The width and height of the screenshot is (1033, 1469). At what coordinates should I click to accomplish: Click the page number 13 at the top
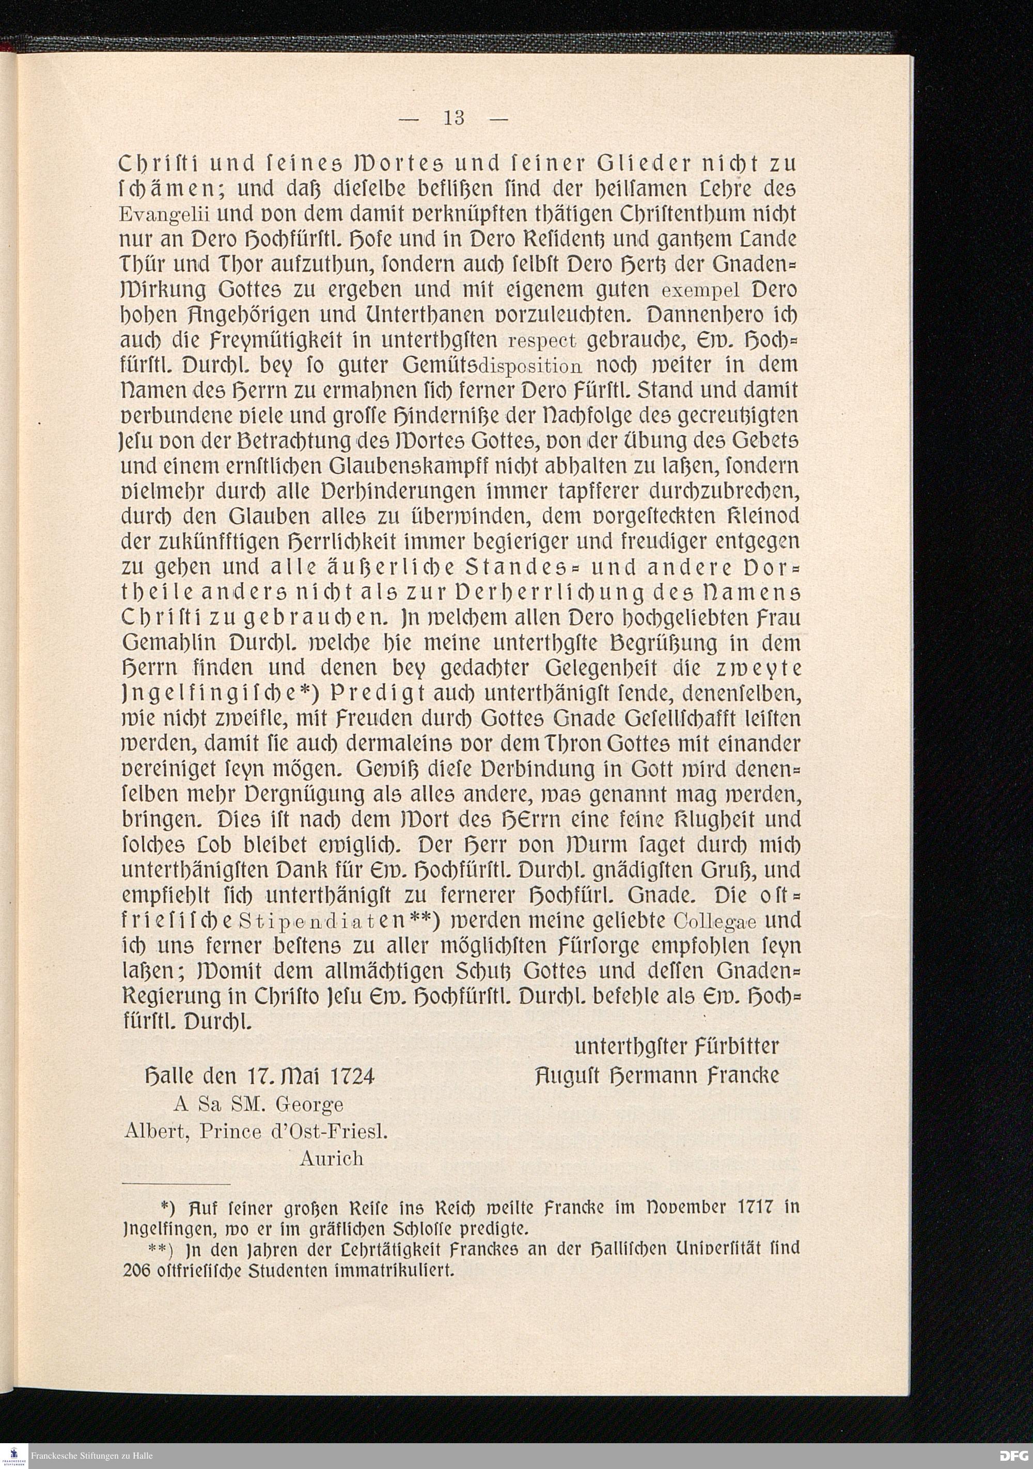(x=453, y=118)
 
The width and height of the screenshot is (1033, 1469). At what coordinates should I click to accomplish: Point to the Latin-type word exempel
(x=700, y=291)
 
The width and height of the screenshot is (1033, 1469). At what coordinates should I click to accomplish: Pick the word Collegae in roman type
(x=716, y=922)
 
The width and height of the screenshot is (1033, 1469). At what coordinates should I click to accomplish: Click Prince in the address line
(x=231, y=1132)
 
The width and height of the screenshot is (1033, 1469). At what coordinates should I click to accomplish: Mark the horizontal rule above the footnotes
(x=176, y=1184)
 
